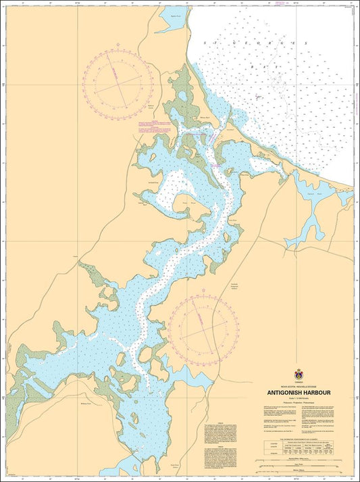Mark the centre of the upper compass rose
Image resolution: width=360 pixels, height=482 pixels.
(120, 82)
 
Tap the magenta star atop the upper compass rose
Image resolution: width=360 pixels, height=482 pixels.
(120, 45)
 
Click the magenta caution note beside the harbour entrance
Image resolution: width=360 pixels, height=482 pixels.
(154, 124)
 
